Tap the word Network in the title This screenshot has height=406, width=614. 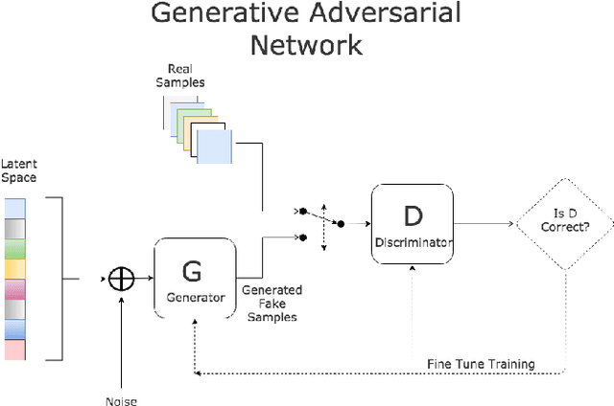click(x=306, y=44)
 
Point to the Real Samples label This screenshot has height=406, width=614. click(x=186, y=76)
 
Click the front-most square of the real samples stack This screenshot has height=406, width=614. click(x=214, y=147)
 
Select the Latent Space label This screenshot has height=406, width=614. click(x=19, y=171)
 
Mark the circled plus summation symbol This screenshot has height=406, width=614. click(x=121, y=278)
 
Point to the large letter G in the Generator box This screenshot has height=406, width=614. click(x=192, y=271)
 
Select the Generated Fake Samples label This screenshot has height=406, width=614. click(x=272, y=304)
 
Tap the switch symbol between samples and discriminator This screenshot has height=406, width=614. click(x=322, y=222)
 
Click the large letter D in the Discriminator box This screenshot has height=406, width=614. click(x=413, y=215)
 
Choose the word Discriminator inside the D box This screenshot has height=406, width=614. click(x=413, y=242)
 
